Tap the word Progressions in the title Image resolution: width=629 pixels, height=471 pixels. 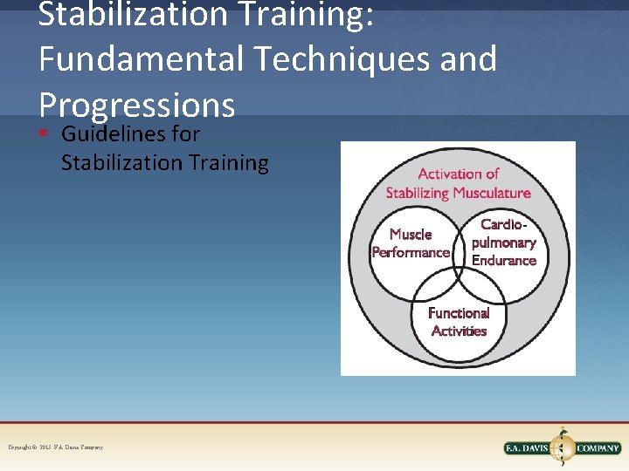pos(137,105)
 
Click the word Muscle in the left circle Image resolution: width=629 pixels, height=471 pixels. pos(411,234)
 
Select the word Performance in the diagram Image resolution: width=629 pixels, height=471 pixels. pos(411,252)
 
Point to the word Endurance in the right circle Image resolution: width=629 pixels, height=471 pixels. pos(504,260)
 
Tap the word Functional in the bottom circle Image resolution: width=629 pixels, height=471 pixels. pos(459,312)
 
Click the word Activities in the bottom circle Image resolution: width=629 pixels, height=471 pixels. pos(459,331)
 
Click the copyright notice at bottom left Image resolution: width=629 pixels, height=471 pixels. pos(56,447)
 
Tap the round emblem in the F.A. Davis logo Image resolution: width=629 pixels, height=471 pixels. pos(562,447)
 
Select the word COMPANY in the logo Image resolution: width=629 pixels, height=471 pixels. pos(598,448)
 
